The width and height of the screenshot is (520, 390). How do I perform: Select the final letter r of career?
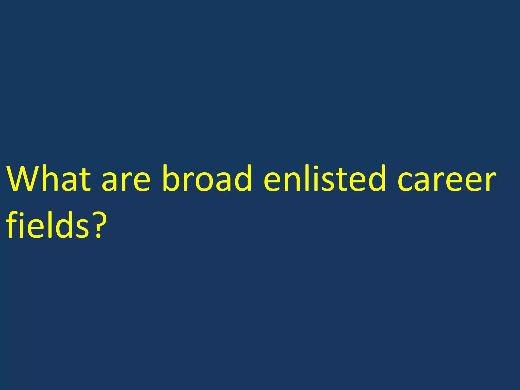point(490,181)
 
